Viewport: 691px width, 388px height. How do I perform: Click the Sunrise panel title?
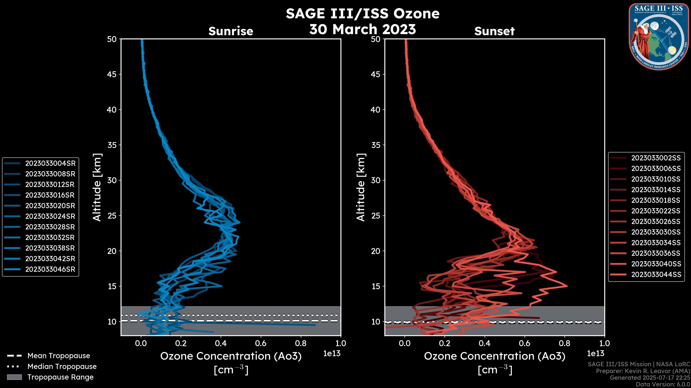[231, 31]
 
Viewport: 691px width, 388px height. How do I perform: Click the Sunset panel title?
[494, 31]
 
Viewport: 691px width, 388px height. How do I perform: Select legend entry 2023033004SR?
[50, 163]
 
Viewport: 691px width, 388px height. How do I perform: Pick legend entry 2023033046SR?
[50, 269]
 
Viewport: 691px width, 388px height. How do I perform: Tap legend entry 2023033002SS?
[656, 158]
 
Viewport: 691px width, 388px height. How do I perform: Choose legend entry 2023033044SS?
[656, 274]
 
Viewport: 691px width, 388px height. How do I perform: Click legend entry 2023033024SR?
[50, 216]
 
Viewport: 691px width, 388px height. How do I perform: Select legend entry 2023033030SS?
[656, 232]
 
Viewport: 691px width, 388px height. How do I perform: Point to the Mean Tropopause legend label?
[59, 356]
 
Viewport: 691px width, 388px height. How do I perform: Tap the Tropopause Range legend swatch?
[14, 377]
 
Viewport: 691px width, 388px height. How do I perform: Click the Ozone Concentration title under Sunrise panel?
[231, 356]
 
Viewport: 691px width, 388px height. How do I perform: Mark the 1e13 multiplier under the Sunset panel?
[595, 354]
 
